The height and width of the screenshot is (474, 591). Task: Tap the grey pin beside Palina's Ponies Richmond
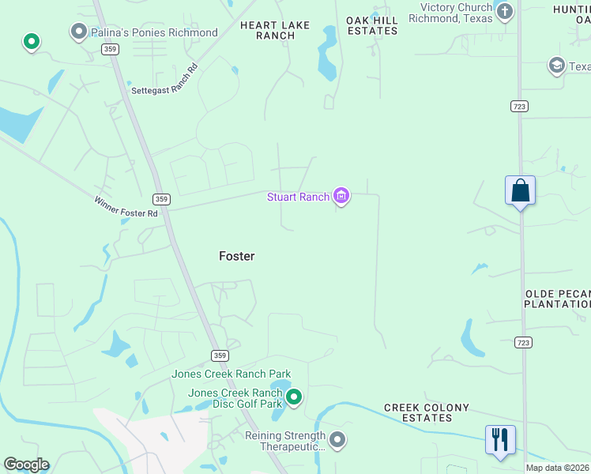pyautogui.click(x=79, y=32)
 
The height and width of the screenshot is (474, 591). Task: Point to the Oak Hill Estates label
pyautogui.click(x=372, y=25)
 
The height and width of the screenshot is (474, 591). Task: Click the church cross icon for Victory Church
pyautogui.click(x=504, y=12)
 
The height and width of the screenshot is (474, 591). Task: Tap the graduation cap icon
pyautogui.click(x=557, y=66)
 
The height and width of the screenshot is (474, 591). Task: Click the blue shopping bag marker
pyautogui.click(x=520, y=191)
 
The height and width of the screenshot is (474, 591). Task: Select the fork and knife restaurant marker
pyautogui.click(x=500, y=439)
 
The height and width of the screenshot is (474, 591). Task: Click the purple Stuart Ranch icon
pyautogui.click(x=341, y=196)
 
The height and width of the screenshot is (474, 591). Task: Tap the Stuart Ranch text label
pyautogui.click(x=298, y=197)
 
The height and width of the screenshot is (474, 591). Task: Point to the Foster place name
pyautogui.click(x=236, y=256)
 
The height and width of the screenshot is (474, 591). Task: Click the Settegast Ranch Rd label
pyautogui.click(x=164, y=90)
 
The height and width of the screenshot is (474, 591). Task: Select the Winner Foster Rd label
pyautogui.click(x=126, y=207)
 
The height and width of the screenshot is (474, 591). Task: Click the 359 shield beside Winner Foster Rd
pyautogui.click(x=161, y=199)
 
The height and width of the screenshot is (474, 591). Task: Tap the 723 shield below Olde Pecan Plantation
pyautogui.click(x=522, y=342)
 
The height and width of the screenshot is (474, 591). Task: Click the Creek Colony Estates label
pyautogui.click(x=426, y=412)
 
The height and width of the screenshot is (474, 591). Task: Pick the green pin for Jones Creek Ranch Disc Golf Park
pyautogui.click(x=294, y=397)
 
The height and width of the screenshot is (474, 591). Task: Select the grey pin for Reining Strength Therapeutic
pyautogui.click(x=337, y=439)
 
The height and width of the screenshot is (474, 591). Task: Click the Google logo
pyautogui.click(x=26, y=465)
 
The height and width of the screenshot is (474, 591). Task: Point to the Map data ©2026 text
pyautogui.click(x=558, y=468)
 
